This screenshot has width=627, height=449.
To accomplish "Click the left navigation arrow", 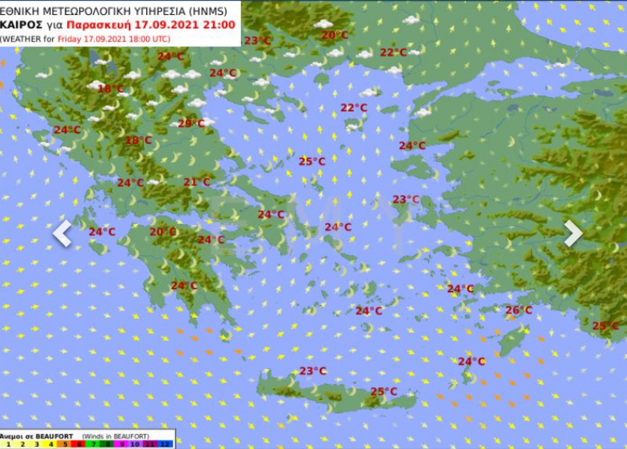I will pyautogui.click(x=62, y=233).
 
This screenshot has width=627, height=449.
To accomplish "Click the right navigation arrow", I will pyautogui.click(x=574, y=233).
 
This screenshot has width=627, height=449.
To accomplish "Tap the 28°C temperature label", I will pyautogui.click(x=191, y=123).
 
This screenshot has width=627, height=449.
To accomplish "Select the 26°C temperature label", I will pyautogui.click(x=519, y=310).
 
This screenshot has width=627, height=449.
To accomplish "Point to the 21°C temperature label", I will pyautogui.click(x=197, y=182).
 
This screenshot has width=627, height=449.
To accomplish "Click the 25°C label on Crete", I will pyautogui.click(x=383, y=391).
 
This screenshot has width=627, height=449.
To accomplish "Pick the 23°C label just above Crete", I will pyautogui.click(x=312, y=371).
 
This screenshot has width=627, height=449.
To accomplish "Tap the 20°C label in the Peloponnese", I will pyautogui.click(x=162, y=232).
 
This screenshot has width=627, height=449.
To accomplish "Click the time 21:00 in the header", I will pyautogui.click(x=218, y=24).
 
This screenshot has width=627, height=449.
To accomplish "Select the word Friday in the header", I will pyautogui.click(x=69, y=38).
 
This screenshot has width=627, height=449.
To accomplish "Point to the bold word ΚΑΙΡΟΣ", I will pyautogui.click(x=22, y=24).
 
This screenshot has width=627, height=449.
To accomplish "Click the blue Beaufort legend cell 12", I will pyautogui.click(x=166, y=444).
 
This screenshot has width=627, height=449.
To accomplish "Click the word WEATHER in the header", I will pyautogui.click(x=24, y=38).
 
